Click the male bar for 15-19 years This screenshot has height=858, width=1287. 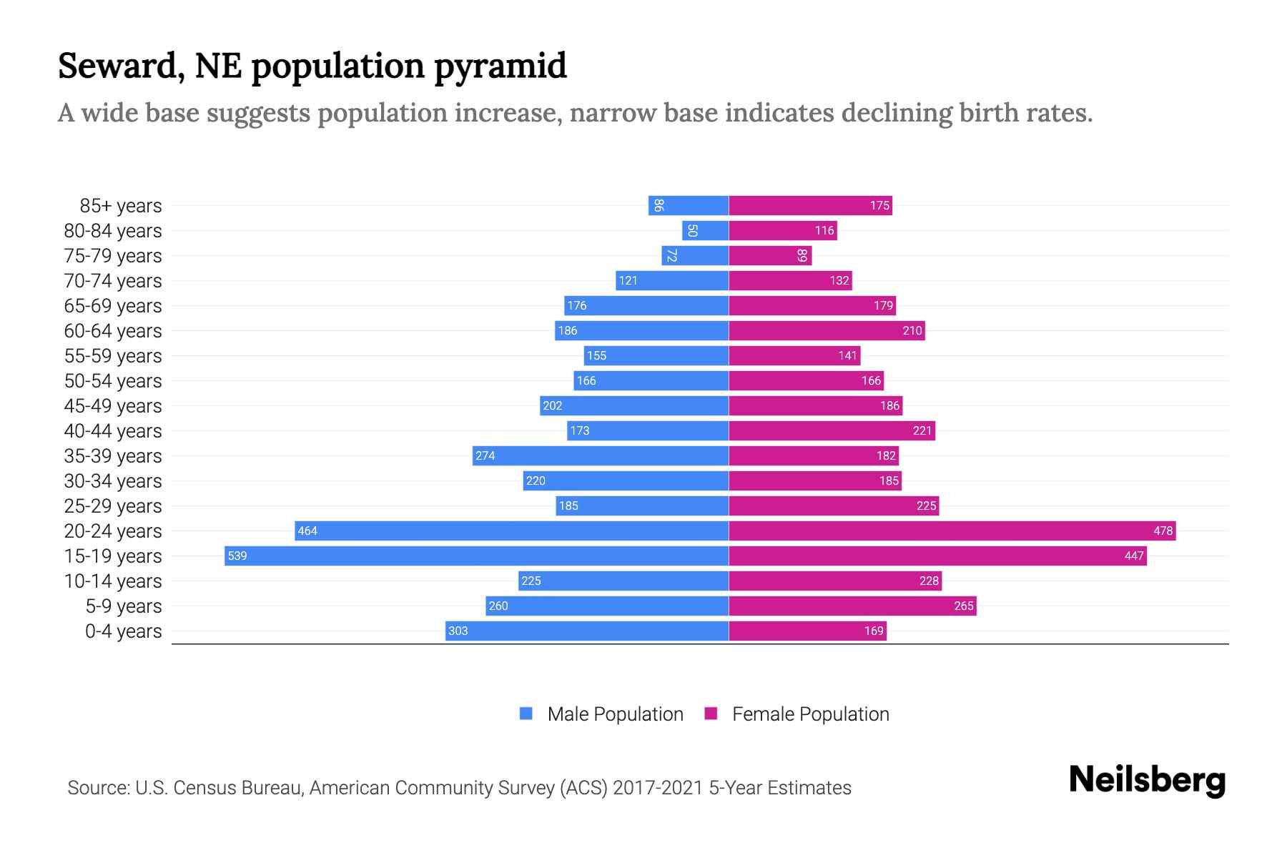[476, 556]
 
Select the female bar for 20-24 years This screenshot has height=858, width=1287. [951, 531]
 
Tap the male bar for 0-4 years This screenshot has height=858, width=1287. [586, 631]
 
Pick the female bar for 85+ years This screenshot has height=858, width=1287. [810, 205]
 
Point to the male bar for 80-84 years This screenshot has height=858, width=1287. [705, 230]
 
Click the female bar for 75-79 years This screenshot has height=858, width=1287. [770, 255]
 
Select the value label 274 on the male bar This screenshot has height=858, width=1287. [485, 455]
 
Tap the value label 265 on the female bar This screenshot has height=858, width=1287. [963, 606]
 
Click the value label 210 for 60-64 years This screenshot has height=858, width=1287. [912, 330]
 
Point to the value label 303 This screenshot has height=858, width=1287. [458, 631]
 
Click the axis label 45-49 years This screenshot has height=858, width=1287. [113, 406]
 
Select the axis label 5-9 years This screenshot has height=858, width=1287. [124, 606]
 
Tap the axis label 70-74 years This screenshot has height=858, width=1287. [113, 281]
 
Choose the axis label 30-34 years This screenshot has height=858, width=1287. [113, 481]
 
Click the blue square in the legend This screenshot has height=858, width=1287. [526, 714]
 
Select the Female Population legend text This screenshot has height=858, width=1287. [810, 714]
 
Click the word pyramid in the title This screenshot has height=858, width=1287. [500, 66]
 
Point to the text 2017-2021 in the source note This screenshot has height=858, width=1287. [658, 788]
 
